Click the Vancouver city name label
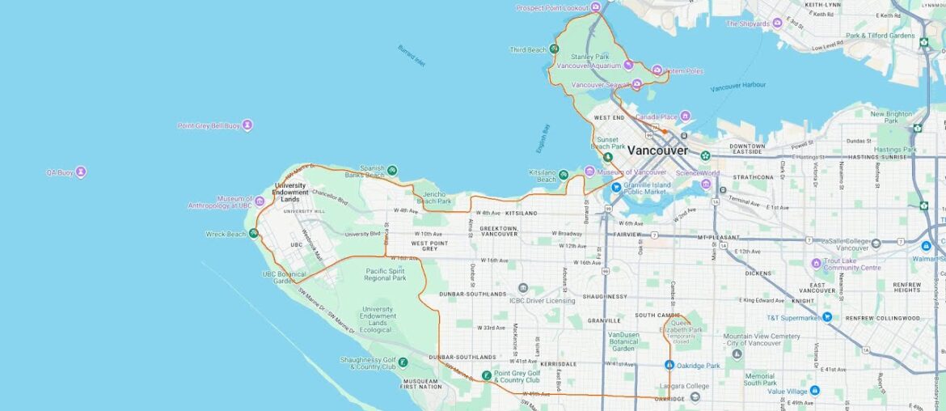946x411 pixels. point(657,150)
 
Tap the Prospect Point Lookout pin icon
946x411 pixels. point(596,7)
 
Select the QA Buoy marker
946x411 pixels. point(80,172)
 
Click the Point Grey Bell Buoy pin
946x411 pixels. point(247,125)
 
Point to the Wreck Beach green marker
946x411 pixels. point(254,234)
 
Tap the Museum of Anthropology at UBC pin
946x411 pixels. point(260,201)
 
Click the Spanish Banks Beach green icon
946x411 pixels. point(392,170)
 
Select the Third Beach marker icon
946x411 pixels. point(554,49)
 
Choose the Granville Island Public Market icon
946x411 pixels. point(616,187)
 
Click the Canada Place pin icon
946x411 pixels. point(685,117)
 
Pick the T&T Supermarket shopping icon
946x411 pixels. point(826,317)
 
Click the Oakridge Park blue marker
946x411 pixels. point(669,365)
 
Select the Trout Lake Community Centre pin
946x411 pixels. point(817,263)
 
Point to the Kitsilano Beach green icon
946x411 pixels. point(564,173)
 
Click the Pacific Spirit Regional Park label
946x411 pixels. point(386,274)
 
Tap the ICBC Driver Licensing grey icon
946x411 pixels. point(523,288)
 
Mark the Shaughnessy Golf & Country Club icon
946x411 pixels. point(402,362)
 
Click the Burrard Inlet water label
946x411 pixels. point(411,55)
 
